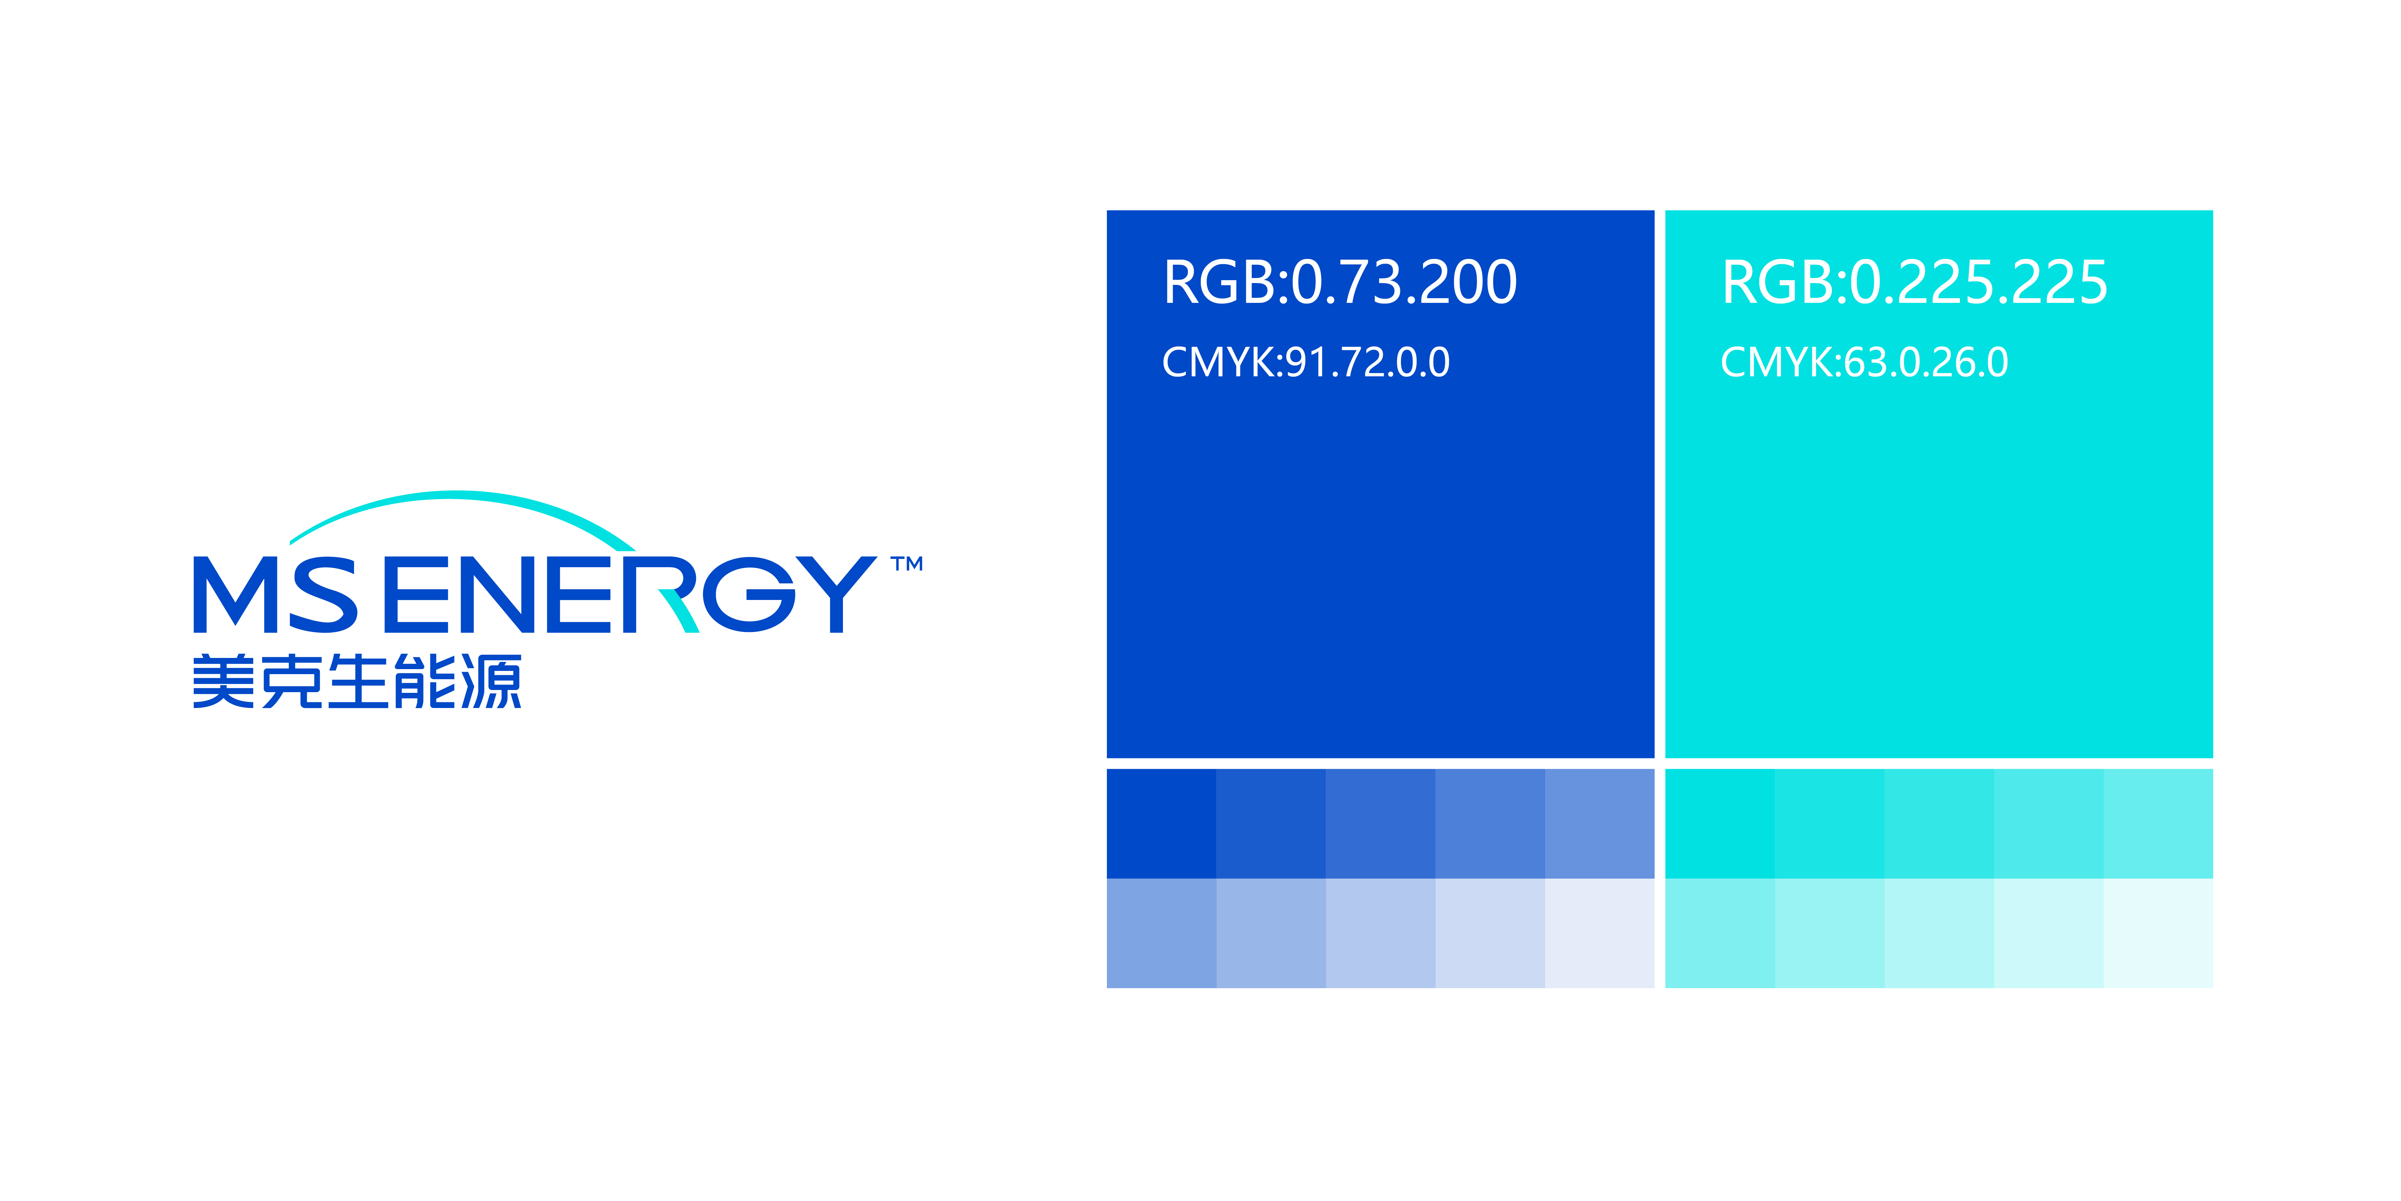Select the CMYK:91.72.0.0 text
pyautogui.click(x=1306, y=363)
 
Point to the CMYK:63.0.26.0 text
pyautogui.click(x=1864, y=363)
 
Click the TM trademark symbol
pyautogui.click(x=907, y=564)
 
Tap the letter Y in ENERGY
pyautogui.click(x=836, y=595)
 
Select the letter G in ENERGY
pyautogui.click(x=749, y=595)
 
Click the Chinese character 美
pyautogui.click(x=224, y=682)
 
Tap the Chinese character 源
pyautogui.click(x=491, y=682)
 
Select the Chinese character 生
pyautogui.click(x=358, y=682)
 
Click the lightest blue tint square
pyautogui.click(x=1599, y=933)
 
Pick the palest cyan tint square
pyautogui.click(x=2158, y=933)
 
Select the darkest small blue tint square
pyautogui.click(x=1161, y=823)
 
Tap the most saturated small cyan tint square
pyautogui.click(x=1720, y=823)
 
